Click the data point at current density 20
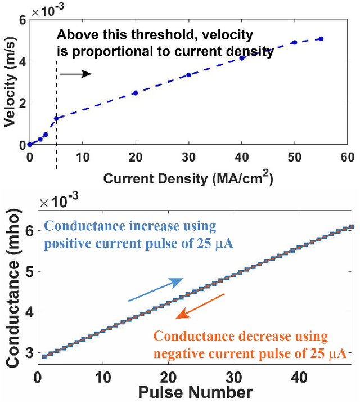point(135,93)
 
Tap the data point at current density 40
point(242,58)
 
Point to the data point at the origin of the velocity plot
point(30,145)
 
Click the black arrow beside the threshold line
point(75,74)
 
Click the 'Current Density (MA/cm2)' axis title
point(189,178)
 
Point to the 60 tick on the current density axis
point(347,157)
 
